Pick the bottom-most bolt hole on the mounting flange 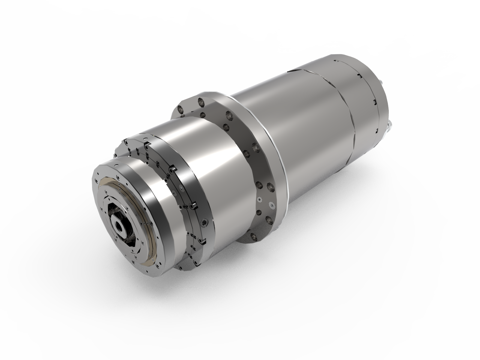(254, 237)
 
